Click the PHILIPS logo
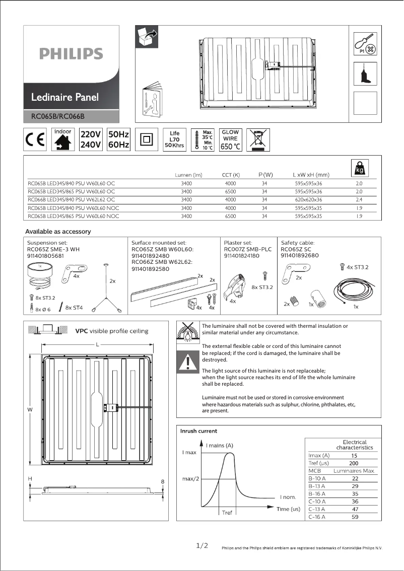[71, 53]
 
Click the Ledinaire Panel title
[65, 97]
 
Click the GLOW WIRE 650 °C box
[231, 140]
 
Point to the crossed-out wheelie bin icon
[258, 139]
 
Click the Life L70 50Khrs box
[175, 139]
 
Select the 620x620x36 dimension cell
[308, 200]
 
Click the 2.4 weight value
[359, 200]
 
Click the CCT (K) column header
[231, 175]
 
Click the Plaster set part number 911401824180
[241, 256]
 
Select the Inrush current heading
[199, 431]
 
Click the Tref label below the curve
[227, 513]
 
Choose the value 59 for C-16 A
[355, 517]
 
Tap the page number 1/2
[201, 546]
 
